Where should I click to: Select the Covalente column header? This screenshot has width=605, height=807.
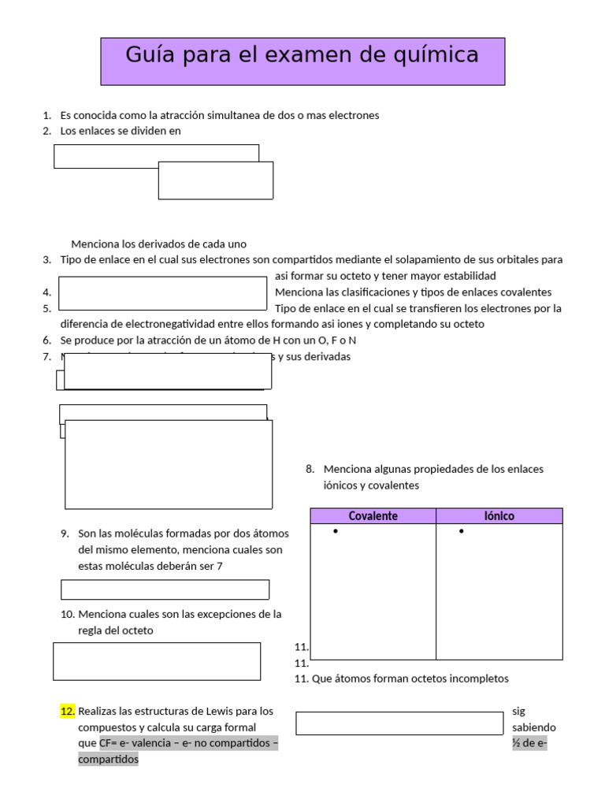pos(373,516)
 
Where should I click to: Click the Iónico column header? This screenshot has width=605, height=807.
pos(499,516)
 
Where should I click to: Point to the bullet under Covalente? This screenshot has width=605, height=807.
pos(336,532)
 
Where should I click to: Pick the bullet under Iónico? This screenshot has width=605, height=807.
pos(461,532)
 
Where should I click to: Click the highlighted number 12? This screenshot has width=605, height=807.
pos(68,711)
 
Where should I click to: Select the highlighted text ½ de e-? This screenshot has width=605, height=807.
pos(529,743)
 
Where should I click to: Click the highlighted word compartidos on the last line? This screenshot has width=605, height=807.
pos(108,759)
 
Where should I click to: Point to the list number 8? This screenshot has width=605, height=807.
pos(310,469)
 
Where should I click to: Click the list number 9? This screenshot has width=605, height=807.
pos(65,534)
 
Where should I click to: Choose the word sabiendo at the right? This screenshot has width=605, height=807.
pos(533,727)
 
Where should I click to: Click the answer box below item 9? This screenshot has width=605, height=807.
pos(165,589)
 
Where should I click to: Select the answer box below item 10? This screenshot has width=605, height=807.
pos(157,661)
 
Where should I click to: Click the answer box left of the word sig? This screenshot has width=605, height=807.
pos(399,723)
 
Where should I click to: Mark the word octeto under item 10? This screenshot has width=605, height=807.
pos(135,630)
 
